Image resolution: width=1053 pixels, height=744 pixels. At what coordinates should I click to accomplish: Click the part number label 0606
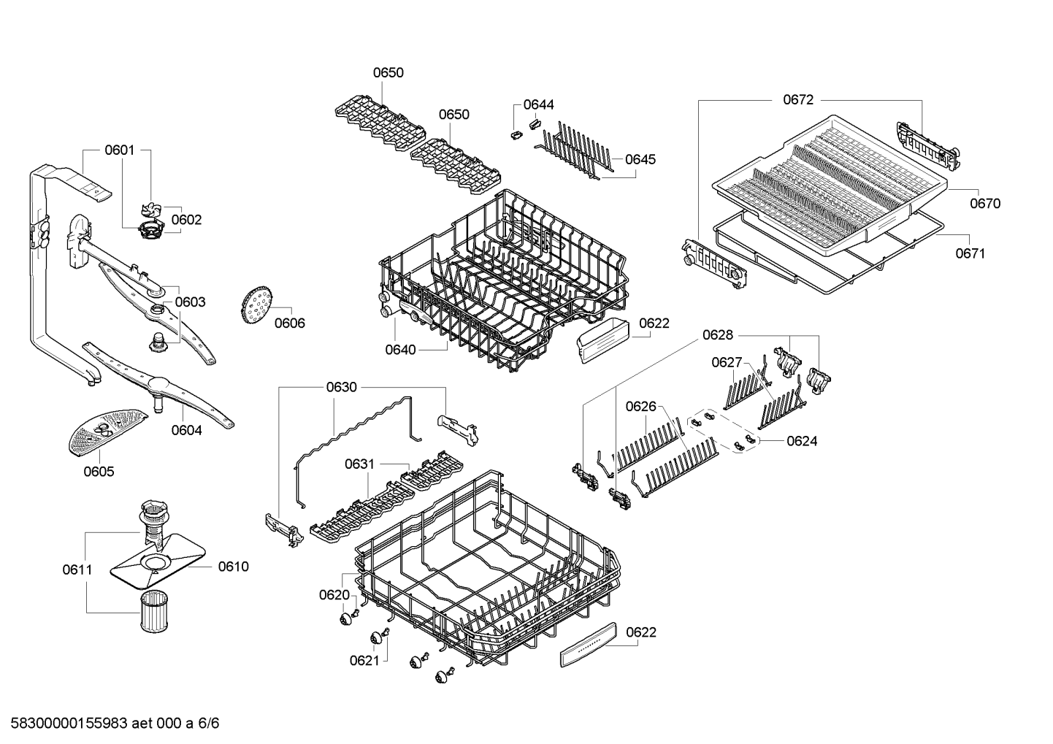[290, 323]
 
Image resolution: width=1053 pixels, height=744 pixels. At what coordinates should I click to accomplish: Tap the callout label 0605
[99, 471]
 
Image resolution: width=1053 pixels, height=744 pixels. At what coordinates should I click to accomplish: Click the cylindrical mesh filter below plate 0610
[154, 611]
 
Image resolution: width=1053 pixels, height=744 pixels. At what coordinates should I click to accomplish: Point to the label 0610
[233, 567]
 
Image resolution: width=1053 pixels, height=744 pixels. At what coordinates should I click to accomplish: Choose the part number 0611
[77, 569]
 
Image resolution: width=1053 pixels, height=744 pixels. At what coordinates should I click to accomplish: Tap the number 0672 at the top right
[798, 99]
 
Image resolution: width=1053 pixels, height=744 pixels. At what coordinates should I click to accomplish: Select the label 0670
[985, 204]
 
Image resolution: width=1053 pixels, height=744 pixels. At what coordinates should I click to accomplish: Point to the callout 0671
[970, 253]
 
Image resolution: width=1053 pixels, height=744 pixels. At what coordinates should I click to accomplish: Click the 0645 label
[640, 159]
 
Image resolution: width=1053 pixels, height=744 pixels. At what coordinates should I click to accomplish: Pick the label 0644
[539, 104]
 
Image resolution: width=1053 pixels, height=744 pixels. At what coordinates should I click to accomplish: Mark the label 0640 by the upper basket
[400, 350]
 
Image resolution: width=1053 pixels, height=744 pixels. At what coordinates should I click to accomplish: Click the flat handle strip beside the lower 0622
[588, 645]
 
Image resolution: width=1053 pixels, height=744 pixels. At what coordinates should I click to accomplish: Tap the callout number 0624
[802, 441]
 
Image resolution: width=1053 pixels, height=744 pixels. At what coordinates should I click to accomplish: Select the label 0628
[718, 334]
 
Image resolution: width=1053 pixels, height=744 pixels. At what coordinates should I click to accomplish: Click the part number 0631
[359, 464]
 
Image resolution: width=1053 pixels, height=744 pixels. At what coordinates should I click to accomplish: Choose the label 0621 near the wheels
[364, 660]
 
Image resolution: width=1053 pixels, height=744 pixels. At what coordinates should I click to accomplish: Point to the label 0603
[191, 302]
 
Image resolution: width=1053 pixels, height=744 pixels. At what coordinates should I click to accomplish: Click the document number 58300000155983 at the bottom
[69, 723]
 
